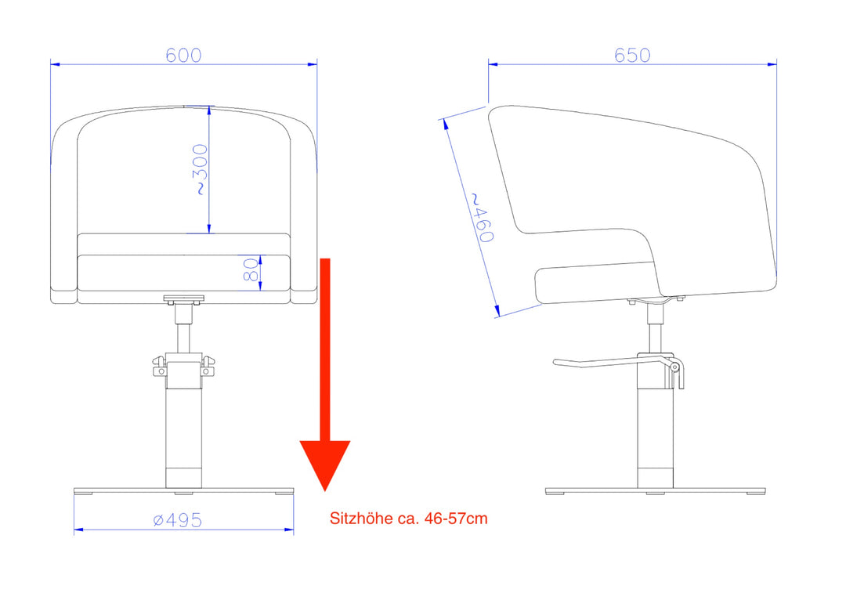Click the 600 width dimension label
click(183, 55)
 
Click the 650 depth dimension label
click(632, 55)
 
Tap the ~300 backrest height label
click(201, 169)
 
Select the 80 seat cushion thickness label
click(251, 269)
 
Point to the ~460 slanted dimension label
click(482, 218)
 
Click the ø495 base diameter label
click(178, 520)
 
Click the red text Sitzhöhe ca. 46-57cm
click(408, 519)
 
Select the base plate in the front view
click(183, 491)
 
